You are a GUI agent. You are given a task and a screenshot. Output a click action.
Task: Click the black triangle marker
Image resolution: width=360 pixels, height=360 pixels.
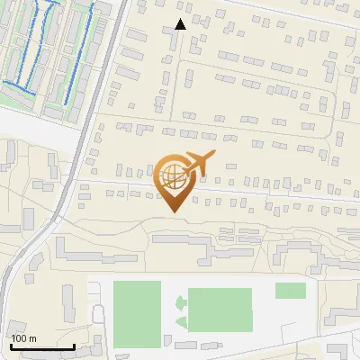[x=181, y=24]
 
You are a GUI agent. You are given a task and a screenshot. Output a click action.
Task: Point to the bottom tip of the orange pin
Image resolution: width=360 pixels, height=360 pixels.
[x=173, y=211]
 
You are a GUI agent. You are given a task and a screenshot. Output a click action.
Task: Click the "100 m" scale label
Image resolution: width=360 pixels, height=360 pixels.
[x=23, y=338]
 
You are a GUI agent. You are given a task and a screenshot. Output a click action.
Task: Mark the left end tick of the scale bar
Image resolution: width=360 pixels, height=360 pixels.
[x=11, y=345]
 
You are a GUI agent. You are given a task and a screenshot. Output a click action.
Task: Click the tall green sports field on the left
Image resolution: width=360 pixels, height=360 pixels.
[x=137, y=312]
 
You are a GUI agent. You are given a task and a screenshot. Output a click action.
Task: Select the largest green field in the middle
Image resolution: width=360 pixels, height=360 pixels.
[x=220, y=310]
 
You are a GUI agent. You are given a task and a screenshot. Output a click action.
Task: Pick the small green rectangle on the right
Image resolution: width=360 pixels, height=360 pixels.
[x=290, y=290]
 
